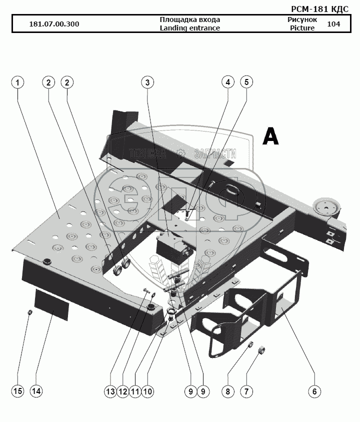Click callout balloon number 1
pos(17,82)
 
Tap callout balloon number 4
pos(227,82)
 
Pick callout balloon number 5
pos(246,82)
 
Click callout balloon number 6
pos(314,391)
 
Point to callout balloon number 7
pos(245,391)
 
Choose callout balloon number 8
pos(227,391)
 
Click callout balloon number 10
pos(147,391)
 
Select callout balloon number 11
pos(135,391)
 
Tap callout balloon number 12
pos(123,391)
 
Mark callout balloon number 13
pos(110,391)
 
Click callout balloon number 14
pos(36,391)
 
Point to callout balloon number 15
pos(17,391)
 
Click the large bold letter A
pos(270,135)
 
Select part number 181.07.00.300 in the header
pos(54,24)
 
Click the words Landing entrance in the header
pos(189,28)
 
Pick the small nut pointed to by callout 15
pos(29,313)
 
